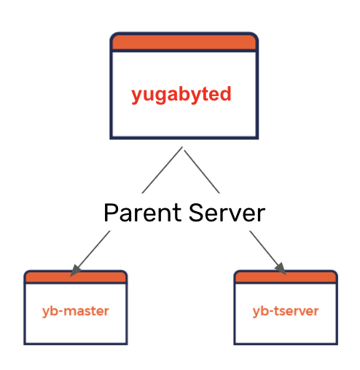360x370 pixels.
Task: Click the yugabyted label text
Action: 181,95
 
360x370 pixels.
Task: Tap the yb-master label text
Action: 76,311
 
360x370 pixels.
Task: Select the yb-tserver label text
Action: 286,311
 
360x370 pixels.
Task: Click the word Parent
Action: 143,213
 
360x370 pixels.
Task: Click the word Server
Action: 227,213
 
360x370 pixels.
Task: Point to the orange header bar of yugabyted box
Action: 184,42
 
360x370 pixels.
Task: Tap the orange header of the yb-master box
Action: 76,277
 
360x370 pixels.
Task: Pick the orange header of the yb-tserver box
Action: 286,277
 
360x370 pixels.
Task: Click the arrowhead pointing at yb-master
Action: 75,271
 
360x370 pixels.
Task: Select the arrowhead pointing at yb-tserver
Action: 281,269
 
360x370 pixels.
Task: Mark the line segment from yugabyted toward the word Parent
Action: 162,170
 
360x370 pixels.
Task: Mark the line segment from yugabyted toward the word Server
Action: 202,172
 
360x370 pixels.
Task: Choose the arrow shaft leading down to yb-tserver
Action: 264,248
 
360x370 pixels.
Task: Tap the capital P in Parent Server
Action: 111,213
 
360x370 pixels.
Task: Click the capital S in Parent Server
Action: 196,213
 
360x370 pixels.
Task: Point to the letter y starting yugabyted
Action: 137,97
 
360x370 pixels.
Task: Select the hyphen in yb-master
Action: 60,312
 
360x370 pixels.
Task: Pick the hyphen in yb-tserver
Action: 271,312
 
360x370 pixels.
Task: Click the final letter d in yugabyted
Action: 225,93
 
